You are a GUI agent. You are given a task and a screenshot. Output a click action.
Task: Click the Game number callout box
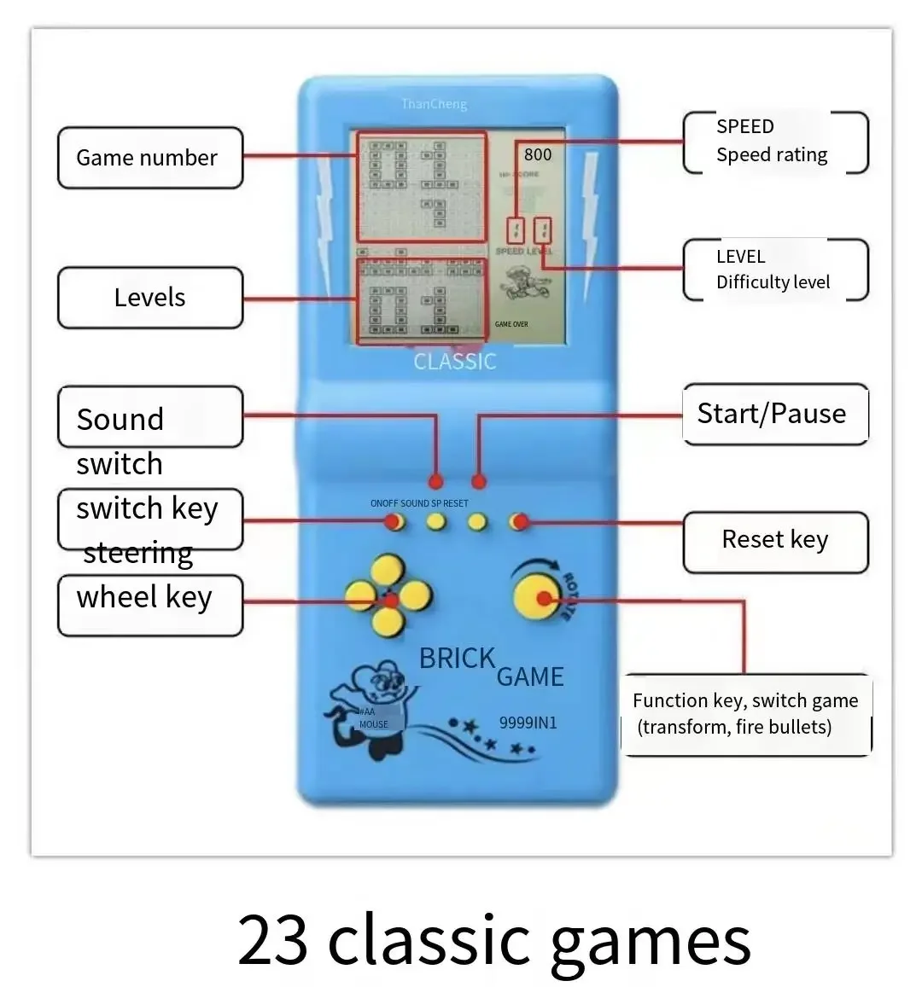(x=149, y=158)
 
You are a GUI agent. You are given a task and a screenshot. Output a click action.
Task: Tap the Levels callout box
(x=149, y=298)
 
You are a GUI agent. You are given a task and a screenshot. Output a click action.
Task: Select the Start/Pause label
(x=772, y=414)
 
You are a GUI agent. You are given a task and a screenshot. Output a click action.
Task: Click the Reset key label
(x=775, y=540)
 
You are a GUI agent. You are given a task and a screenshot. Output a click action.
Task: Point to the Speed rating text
(x=772, y=154)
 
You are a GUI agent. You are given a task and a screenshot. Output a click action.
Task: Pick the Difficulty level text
(x=773, y=282)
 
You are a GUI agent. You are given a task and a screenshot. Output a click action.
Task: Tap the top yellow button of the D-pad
(x=388, y=569)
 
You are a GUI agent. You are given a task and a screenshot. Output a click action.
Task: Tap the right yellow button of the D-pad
(x=416, y=596)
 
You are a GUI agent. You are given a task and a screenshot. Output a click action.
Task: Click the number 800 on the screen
(x=538, y=154)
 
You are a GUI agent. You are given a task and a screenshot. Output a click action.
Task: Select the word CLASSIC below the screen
(x=455, y=362)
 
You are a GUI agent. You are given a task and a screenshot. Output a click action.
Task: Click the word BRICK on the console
(x=457, y=659)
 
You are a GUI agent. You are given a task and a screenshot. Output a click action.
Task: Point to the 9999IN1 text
(x=528, y=723)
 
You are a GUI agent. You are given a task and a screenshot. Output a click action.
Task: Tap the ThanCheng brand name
(x=435, y=104)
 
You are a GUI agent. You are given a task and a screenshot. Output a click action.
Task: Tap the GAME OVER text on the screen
(x=511, y=324)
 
